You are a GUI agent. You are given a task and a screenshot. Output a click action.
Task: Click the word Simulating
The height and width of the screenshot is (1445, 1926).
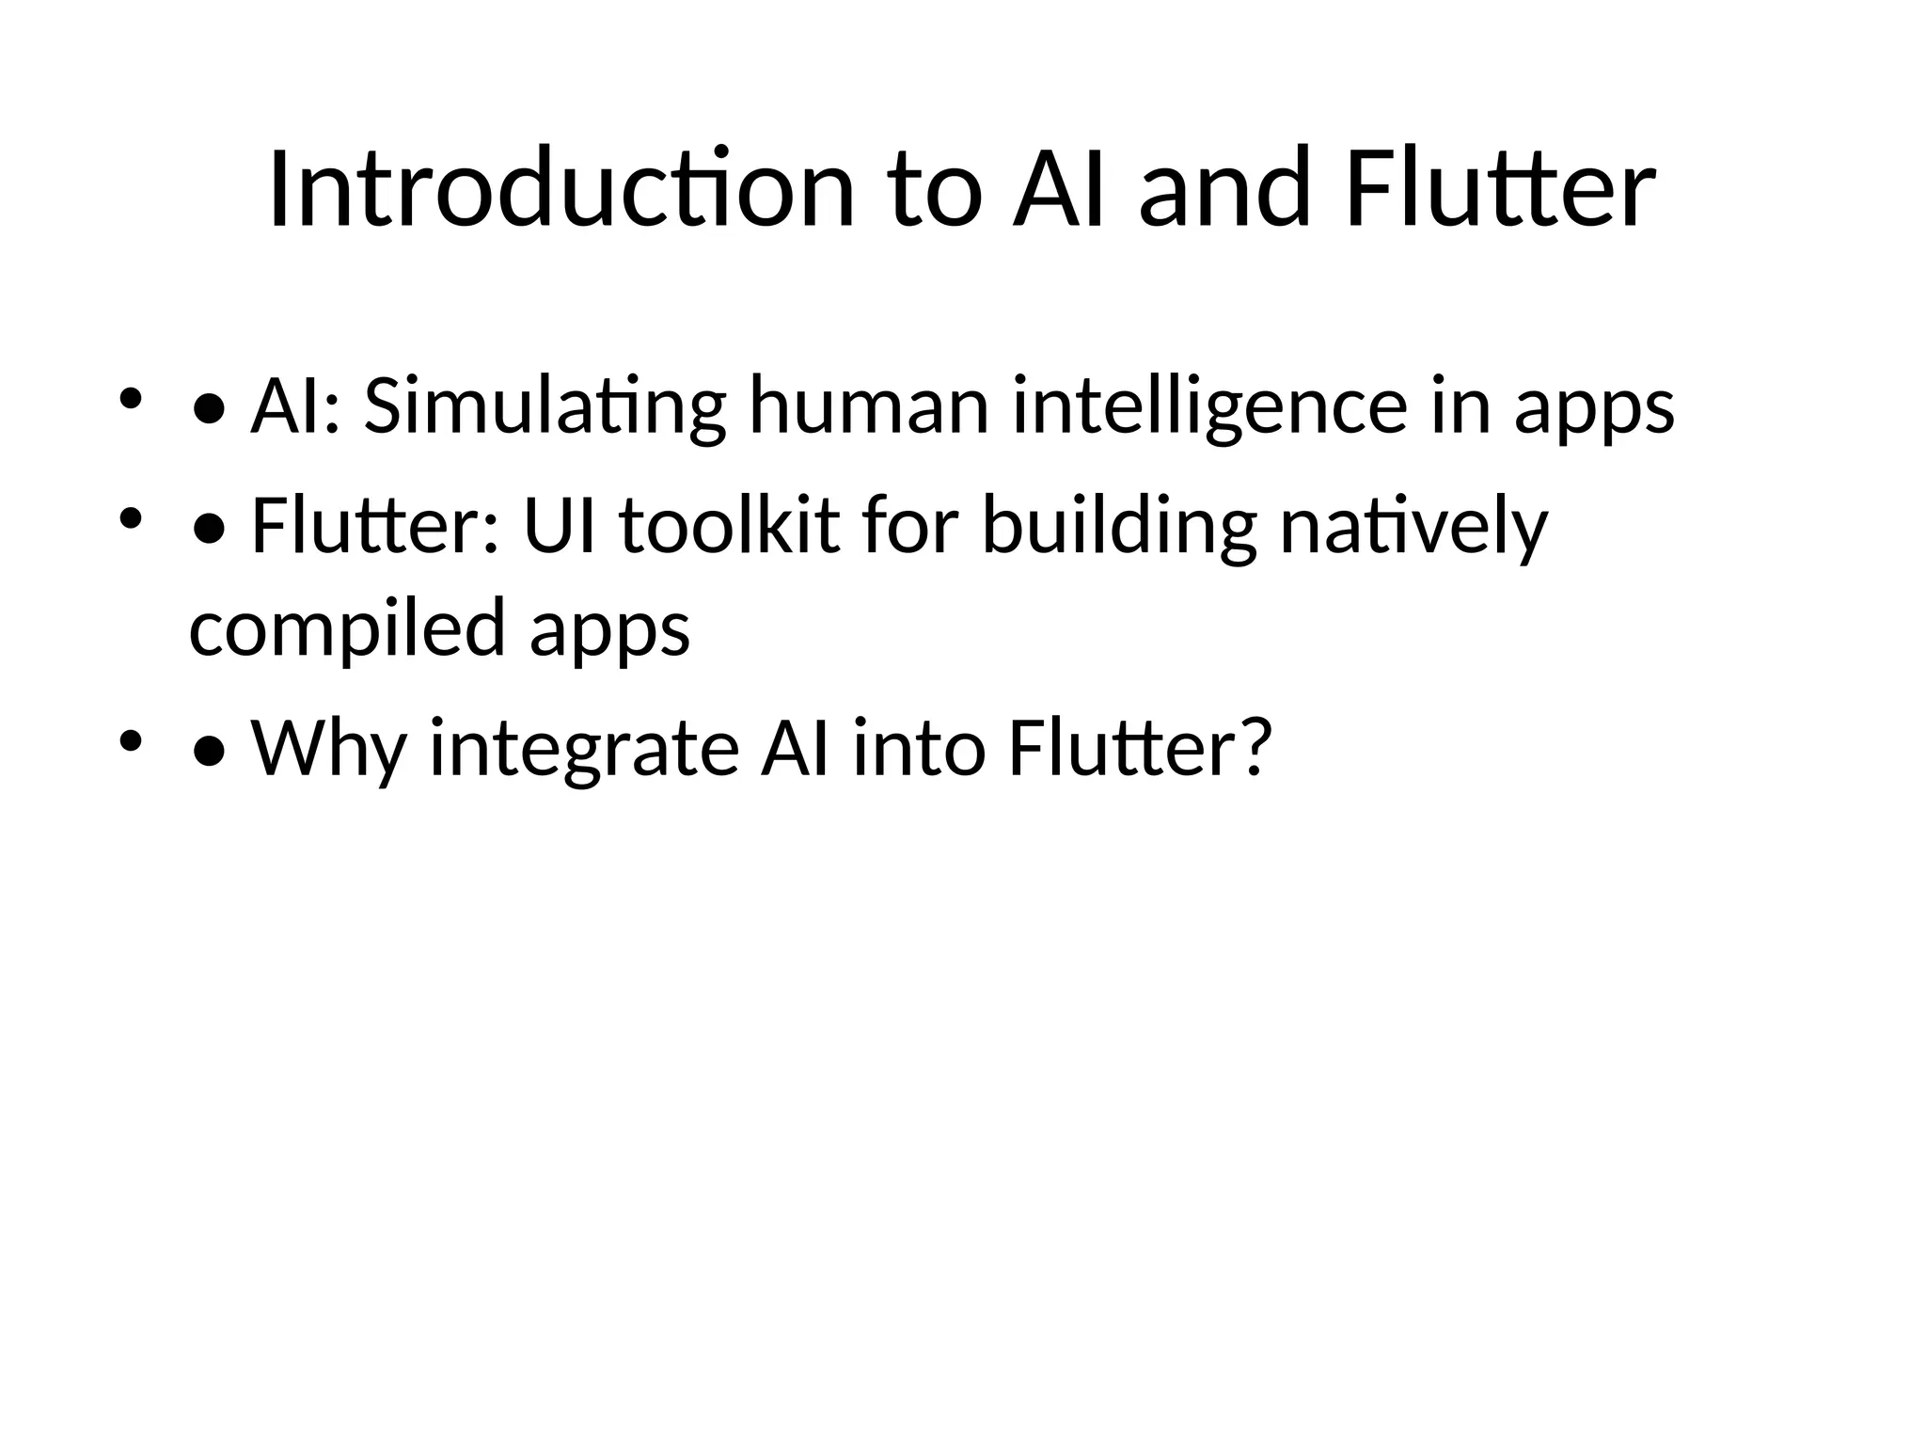(x=545, y=406)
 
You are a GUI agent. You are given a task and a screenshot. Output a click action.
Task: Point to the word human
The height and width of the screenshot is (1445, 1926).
(x=869, y=406)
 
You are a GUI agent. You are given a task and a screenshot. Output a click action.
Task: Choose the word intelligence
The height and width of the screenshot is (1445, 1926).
(x=1209, y=406)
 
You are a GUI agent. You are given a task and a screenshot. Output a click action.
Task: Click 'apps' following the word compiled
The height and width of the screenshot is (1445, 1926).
(x=609, y=628)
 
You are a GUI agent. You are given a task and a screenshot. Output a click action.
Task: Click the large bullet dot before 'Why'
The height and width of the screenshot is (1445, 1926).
(x=208, y=751)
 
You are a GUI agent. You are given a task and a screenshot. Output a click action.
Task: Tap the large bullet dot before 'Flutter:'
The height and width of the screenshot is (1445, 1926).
(x=208, y=530)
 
